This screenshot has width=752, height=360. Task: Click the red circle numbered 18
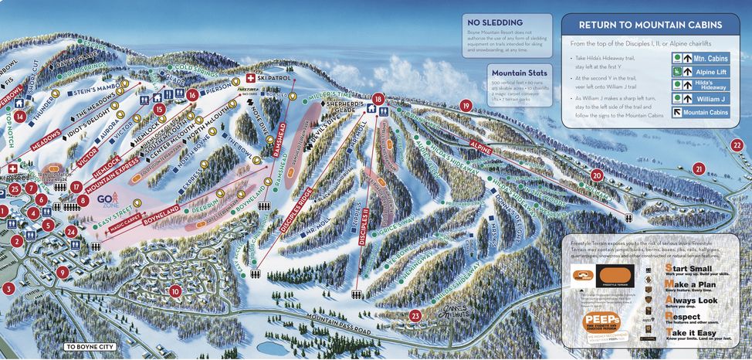(378, 99)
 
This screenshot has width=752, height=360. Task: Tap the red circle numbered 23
(416, 315)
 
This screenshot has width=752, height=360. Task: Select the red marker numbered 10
(176, 291)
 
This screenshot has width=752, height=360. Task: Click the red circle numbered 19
(466, 106)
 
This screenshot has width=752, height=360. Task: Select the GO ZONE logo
(106, 201)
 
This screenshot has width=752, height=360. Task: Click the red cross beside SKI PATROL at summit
(250, 79)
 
